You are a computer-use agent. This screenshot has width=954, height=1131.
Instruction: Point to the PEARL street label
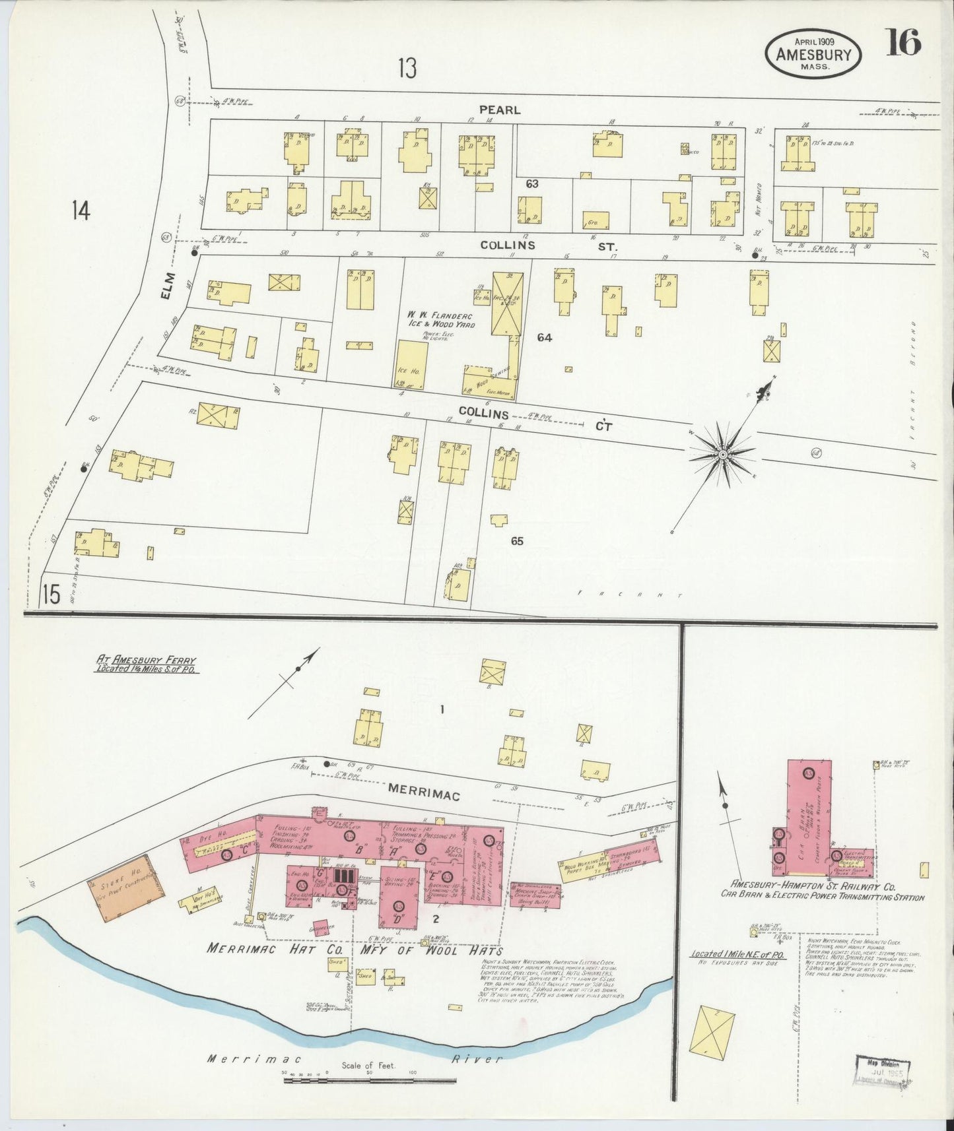499,110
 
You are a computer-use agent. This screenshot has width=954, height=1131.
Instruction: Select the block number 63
532,184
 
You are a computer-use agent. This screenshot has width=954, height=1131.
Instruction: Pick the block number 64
544,337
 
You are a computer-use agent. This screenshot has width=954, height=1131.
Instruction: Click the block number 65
516,540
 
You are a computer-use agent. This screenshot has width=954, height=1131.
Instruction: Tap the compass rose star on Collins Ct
723,454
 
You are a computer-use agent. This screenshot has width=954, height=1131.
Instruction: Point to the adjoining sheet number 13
407,68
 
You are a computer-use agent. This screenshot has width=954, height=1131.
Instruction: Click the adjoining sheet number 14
81,210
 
